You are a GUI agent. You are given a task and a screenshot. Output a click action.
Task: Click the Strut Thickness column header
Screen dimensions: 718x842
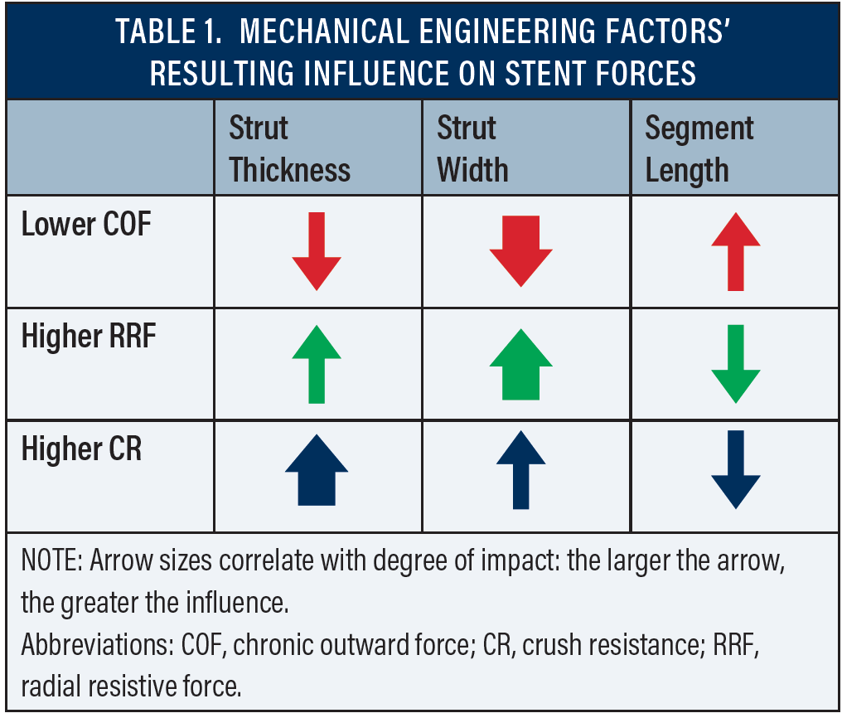tap(289, 149)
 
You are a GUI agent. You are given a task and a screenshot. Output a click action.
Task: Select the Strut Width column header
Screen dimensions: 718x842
tap(472, 149)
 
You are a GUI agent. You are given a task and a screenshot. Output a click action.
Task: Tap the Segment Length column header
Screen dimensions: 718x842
tap(699, 149)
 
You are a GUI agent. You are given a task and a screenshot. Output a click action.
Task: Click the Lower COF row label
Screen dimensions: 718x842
tap(86, 224)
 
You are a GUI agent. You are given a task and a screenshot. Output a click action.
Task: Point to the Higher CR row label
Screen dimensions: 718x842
tap(81, 449)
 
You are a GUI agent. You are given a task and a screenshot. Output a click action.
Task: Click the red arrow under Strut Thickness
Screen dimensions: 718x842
tap(317, 250)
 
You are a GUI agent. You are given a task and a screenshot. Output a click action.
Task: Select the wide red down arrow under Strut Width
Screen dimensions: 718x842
tap(520, 250)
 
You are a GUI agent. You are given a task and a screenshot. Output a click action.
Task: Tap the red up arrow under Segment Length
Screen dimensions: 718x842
tap(735, 250)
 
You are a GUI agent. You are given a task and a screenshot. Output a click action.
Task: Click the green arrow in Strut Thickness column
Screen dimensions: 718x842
tap(317, 363)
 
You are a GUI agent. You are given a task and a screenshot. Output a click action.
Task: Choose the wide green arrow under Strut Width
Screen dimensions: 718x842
tap(520, 363)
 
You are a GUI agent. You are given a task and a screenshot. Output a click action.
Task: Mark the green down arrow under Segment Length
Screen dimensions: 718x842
tap(735, 363)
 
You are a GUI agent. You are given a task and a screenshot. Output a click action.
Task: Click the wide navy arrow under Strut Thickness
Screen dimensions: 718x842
tap(317, 471)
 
